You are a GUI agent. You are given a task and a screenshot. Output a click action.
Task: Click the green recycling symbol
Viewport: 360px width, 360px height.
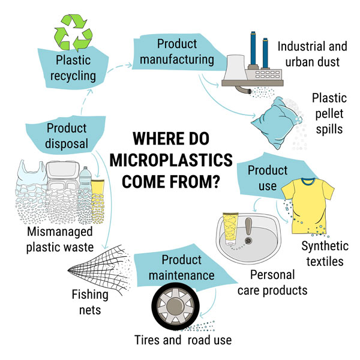point(73,32)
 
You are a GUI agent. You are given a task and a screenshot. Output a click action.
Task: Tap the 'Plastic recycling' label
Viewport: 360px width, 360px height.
point(73,68)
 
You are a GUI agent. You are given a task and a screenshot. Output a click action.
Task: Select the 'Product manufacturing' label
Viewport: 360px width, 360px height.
point(177,52)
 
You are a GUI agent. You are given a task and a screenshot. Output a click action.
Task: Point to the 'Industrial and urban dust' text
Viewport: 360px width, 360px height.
point(312,54)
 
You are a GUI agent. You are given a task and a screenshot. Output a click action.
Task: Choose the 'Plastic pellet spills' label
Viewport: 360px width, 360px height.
point(329,113)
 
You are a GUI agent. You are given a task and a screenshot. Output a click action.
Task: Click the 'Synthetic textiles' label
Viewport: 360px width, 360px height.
point(325,254)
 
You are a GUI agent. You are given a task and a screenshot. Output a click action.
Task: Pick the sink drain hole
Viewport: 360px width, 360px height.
point(248,241)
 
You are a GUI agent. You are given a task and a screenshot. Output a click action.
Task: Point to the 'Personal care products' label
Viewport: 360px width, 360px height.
point(272,283)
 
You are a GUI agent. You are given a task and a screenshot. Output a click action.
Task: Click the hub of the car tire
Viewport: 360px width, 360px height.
point(175,305)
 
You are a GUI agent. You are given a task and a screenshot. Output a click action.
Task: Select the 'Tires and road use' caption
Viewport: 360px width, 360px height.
point(183,340)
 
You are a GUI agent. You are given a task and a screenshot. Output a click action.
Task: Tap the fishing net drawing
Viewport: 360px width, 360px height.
point(100,270)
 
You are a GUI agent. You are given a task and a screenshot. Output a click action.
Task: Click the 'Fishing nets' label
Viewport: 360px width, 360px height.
point(90,302)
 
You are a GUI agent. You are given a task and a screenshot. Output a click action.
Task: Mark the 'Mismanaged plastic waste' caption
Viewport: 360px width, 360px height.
point(60,239)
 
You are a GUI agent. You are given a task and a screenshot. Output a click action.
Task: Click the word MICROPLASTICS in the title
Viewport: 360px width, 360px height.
point(171,160)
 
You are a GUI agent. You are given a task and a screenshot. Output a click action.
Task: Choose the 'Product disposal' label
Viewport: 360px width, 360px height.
point(67,136)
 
